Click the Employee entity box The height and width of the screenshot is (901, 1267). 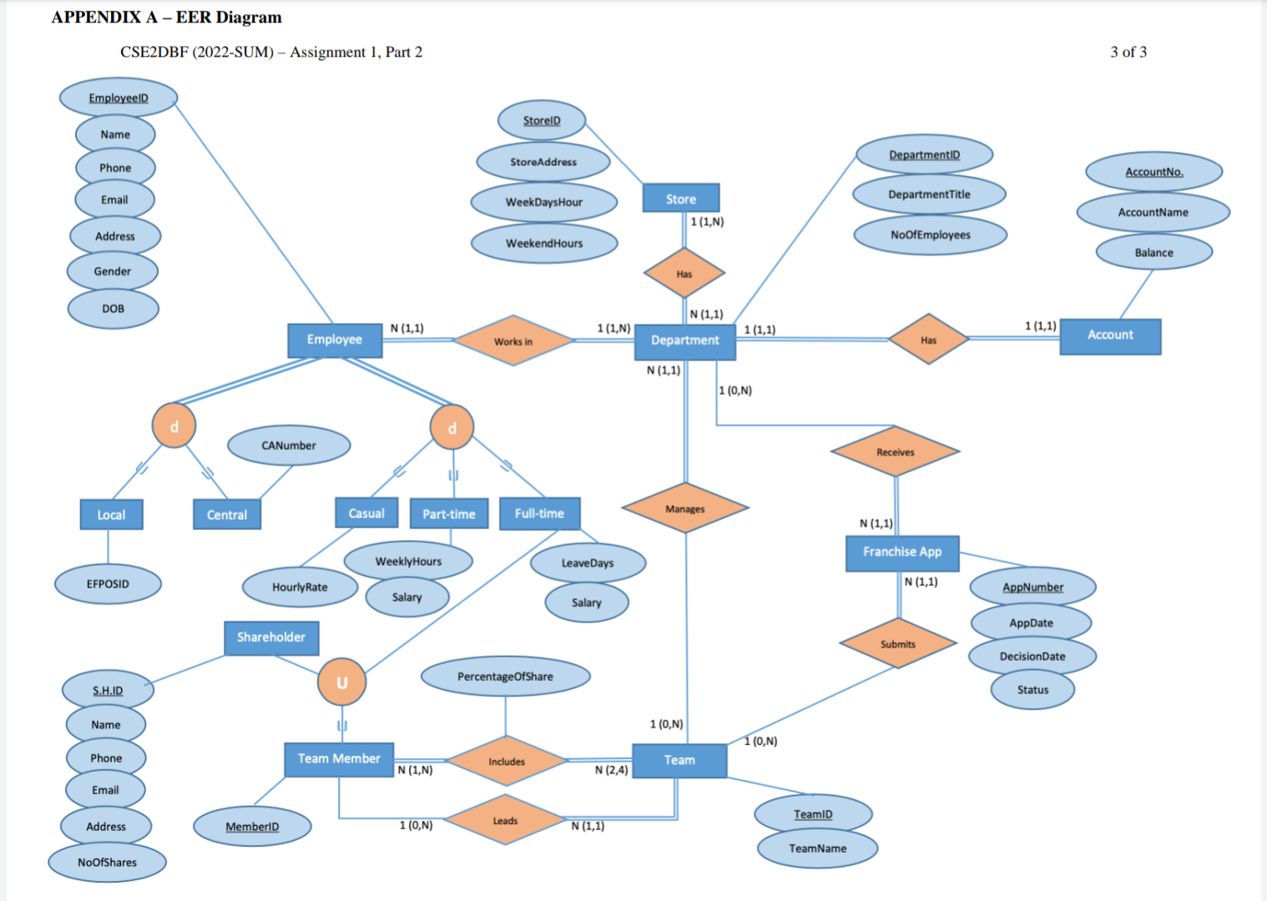tap(335, 340)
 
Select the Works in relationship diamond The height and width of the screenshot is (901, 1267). tap(513, 341)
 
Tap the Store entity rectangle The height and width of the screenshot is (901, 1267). tap(681, 198)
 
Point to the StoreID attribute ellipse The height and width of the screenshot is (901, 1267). tap(542, 120)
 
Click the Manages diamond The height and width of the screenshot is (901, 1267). tap(685, 508)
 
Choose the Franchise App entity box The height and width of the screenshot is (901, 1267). tap(902, 553)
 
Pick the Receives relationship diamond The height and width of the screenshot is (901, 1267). tap(896, 451)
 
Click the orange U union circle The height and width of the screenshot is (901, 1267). tap(341, 682)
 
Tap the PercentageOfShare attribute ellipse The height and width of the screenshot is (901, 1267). tap(506, 676)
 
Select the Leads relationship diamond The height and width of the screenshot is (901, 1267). tap(505, 820)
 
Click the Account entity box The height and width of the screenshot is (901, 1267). tap(1110, 336)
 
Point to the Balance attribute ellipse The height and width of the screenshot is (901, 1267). tap(1153, 252)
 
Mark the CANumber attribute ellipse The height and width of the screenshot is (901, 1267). tap(289, 445)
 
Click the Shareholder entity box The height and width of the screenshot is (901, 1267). tap(271, 638)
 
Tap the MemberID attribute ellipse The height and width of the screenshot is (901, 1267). tap(252, 827)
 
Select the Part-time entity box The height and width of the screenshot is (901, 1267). tap(449, 514)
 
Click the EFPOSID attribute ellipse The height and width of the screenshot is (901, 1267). tap(108, 584)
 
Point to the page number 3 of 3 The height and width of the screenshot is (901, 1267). tap(1128, 52)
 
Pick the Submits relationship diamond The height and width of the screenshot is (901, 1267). tap(897, 644)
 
